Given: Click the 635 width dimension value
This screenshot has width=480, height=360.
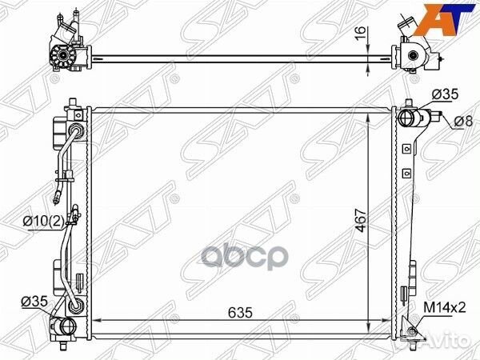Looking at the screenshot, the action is pyautogui.click(x=240, y=313).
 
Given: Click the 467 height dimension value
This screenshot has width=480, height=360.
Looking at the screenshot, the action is pyautogui.click(x=362, y=221).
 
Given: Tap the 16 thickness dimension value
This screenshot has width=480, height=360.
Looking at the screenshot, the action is pyautogui.click(x=362, y=33).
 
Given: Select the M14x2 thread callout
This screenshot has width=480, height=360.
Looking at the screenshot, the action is pyautogui.click(x=445, y=307).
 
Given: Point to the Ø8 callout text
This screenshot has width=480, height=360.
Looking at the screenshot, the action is pyautogui.click(x=463, y=122).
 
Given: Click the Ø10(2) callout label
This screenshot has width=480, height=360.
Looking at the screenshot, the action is pyautogui.click(x=44, y=221).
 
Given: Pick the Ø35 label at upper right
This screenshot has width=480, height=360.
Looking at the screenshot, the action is pyautogui.click(x=446, y=94).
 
